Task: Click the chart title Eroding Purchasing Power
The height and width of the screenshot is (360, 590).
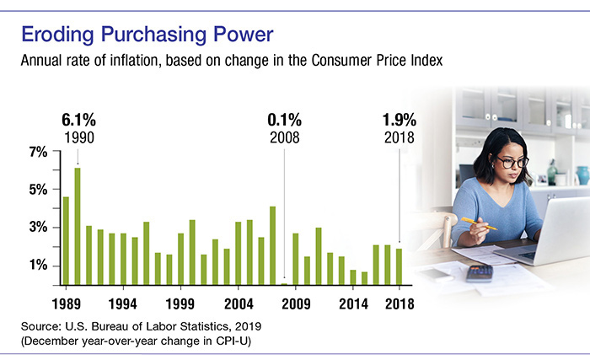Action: (x=148, y=36)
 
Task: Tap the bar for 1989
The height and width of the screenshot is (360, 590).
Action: (x=66, y=240)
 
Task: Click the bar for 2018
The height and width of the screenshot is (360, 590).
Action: (x=399, y=266)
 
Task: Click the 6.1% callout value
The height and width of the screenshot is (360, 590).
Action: (x=78, y=117)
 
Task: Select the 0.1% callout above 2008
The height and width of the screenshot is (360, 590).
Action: (x=283, y=117)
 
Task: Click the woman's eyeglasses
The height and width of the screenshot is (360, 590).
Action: (x=512, y=160)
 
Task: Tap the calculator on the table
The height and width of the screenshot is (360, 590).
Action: (x=480, y=272)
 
